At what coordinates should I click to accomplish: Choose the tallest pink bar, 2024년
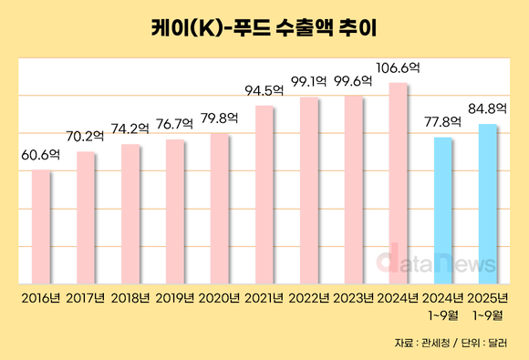point(399,183)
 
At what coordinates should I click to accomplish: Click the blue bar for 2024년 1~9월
point(443,210)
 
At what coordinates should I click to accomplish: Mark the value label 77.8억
point(443,121)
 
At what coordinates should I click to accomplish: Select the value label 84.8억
point(488,108)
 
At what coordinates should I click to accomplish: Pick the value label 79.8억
point(220,118)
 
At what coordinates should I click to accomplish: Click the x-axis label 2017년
point(86,298)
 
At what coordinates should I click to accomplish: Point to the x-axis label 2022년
point(309,298)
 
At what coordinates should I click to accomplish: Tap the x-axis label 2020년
point(220,298)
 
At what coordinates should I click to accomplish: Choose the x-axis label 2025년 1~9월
point(488,305)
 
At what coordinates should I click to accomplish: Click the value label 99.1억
point(309,82)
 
